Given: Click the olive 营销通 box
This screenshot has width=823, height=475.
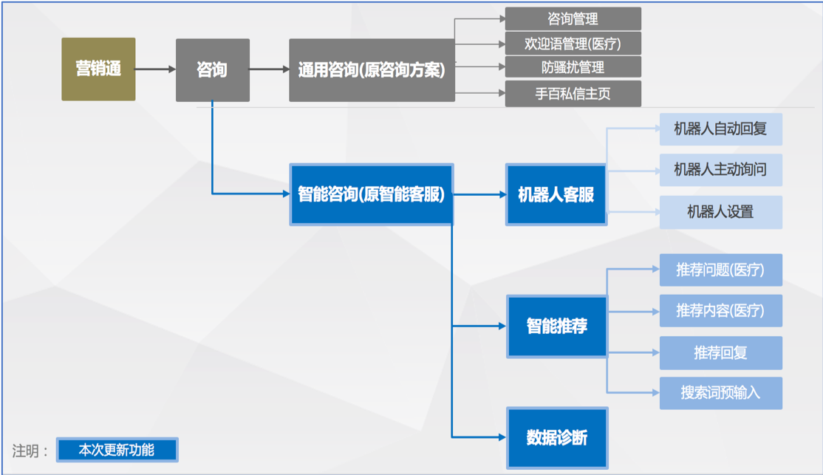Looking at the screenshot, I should coord(98,69).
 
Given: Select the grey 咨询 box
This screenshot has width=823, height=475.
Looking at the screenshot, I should coord(212,70).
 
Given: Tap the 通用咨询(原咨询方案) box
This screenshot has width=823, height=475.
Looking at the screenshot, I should coord(371,70).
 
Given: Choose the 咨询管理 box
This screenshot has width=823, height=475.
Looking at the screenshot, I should coord(573,19).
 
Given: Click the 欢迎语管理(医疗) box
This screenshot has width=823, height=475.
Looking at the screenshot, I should coord(573,44).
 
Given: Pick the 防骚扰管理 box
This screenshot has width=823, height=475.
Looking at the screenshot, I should coord(573,67).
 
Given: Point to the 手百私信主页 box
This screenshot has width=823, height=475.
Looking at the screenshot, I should coord(573,94).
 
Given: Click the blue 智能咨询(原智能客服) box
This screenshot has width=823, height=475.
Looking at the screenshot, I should coord(371,194).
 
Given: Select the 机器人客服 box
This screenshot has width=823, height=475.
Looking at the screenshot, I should coord(556,195).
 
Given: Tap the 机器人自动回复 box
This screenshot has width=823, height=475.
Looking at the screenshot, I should coord(720,129).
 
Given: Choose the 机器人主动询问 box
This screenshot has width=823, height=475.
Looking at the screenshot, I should coord(720,170).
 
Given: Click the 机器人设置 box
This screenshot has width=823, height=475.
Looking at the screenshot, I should coord(720,212).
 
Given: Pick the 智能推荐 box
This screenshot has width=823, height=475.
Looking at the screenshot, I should coord(556,326).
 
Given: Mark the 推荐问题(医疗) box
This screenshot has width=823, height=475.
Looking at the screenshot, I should coord(720,270).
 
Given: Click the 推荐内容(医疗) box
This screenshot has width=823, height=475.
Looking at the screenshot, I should coord(720,310).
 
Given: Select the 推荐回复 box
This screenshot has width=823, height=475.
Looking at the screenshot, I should coord(720,352).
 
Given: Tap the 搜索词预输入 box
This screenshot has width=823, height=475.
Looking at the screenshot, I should coord(720,392).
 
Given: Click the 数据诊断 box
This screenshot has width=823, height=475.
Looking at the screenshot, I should coord(556,437).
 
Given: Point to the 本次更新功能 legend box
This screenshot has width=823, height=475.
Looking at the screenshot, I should coord(117,449).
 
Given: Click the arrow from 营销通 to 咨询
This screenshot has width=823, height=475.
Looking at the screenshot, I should coord(155,69).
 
